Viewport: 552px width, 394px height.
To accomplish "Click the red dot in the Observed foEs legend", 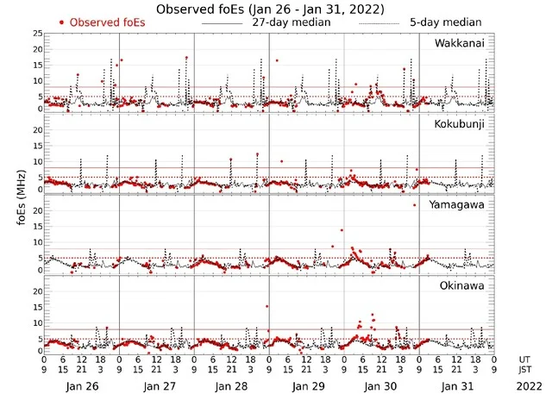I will tap(61, 22).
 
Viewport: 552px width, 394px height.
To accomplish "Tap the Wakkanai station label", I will tap(464, 43).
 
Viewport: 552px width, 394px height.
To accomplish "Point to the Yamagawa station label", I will tap(462, 204).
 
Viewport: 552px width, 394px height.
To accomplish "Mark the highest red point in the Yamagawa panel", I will tap(415, 205).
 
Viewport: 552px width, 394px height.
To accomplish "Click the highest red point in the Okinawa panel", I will tap(267, 306).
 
